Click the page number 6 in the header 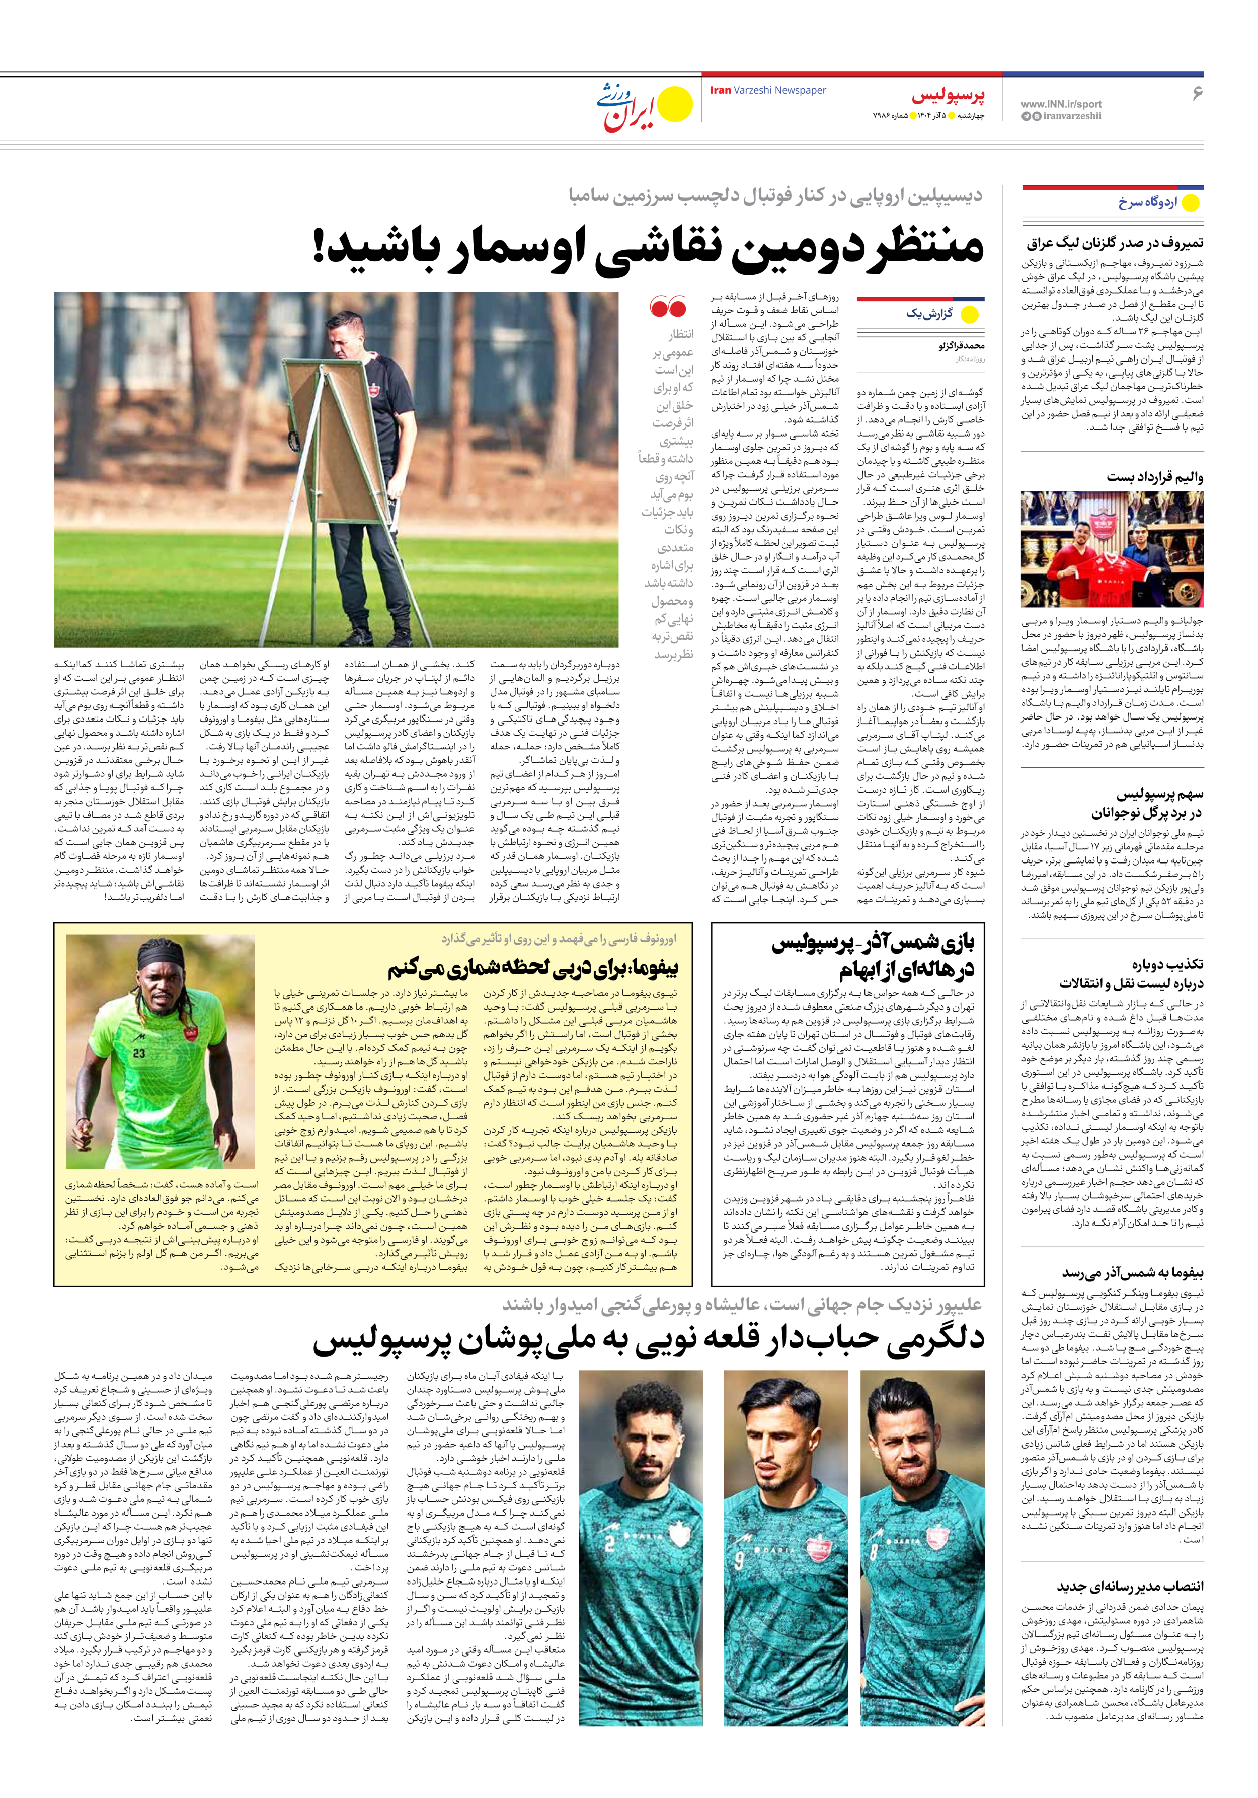(1196, 93)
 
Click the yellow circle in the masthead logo (675, 105)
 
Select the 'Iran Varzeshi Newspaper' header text (767, 90)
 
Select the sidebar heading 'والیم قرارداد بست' (1155, 477)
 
